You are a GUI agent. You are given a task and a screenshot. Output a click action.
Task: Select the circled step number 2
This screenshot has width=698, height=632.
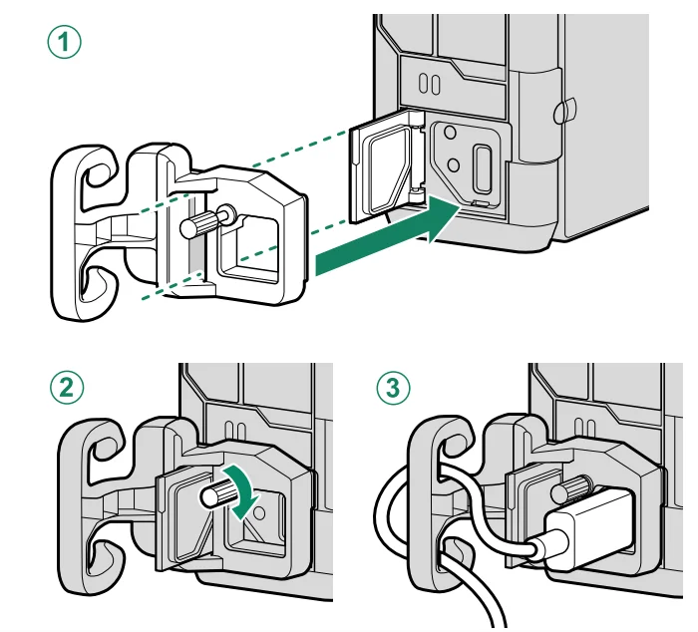coord(65,388)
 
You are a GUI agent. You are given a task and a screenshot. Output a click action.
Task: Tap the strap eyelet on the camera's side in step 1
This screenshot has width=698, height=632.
coord(564,108)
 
